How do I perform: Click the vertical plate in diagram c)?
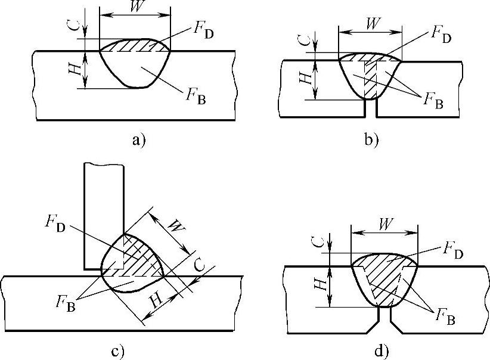(104, 209)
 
